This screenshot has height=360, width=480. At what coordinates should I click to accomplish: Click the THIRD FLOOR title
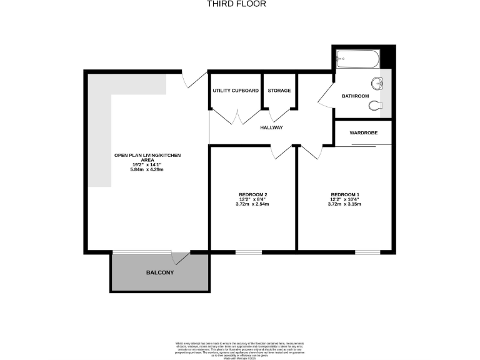click(236, 4)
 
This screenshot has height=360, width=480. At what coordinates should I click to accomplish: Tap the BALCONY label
click(160, 273)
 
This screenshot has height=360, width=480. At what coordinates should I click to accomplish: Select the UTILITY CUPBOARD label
click(236, 91)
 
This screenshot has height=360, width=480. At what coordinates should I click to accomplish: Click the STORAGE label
click(279, 91)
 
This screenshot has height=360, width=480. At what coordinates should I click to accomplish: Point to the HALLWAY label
click(272, 127)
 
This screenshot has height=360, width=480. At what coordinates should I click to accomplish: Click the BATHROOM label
click(355, 96)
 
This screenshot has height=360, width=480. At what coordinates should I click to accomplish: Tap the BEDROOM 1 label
click(344, 195)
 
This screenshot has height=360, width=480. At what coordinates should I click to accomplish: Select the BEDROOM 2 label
click(247, 195)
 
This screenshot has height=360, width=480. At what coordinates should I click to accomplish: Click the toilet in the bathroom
click(376, 105)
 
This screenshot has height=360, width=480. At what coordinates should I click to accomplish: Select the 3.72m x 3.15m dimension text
click(344, 204)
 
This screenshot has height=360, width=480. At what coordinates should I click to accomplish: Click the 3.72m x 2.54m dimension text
click(247, 204)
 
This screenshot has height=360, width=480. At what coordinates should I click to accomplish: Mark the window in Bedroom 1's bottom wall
click(367, 252)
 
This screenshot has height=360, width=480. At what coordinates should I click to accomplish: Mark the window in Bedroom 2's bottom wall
click(248, 252)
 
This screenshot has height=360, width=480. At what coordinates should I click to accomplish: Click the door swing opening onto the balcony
click(181, 257)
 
